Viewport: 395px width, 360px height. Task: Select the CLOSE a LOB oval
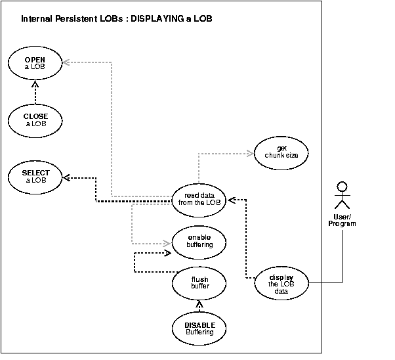pyautogui.click(x=35, y=120)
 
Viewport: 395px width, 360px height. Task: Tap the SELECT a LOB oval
pyautogui.click(x=35, y=177)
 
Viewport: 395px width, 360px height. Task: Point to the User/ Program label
pyautogui.click(x=342, y=220)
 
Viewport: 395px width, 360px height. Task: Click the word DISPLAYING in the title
pyautogui.click(x=157, y=19)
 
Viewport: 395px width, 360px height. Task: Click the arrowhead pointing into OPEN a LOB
pyautogui.click(x=66, y=62)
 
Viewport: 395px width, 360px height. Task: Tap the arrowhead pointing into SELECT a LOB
pyautogui.click(x=66, y=177)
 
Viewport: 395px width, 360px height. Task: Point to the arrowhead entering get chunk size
pyautogui.click(x=250, y=154)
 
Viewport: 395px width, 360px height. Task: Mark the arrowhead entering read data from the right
pyautogui.click(x=230, y=198)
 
